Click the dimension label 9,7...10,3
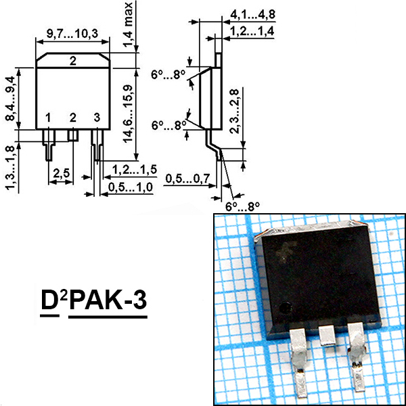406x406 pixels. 72,33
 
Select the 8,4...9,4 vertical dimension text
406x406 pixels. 10,99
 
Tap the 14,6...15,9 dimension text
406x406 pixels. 128,114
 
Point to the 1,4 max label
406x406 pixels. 128,24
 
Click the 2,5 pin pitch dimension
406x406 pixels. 62,173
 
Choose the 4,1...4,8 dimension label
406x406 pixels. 252,14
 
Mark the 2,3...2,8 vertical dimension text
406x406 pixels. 235,111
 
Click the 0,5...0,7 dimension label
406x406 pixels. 187,179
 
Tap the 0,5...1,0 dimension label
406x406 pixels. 131,187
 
